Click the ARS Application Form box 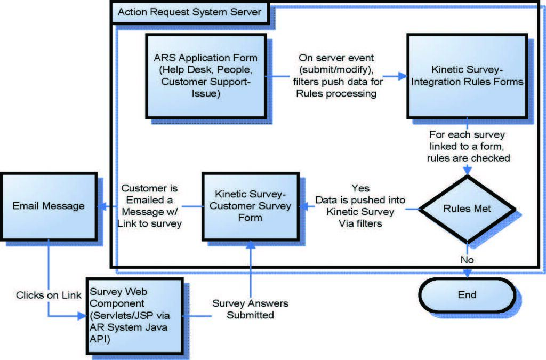coord(205,75)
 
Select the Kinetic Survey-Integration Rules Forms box coord(467,76)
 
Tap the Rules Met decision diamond coord(467,209)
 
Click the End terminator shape coord(467,295)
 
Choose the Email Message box coord(49,206)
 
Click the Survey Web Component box coord(133,316)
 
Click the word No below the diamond coord(467,260)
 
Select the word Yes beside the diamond coord(360,188)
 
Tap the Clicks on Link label coord(49,295)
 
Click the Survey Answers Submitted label coord(250,309)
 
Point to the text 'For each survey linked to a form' coord(467,140)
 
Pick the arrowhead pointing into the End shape coord(467,274)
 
